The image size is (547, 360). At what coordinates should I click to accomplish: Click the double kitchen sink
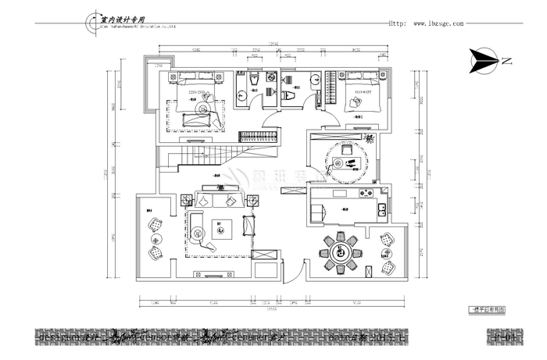pyautogui.click(x=381, y=210)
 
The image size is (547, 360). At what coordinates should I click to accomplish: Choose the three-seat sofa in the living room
pyautogui.click(x=221, y=201)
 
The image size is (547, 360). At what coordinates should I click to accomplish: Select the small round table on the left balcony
pyautogui.click(x=155, y=238)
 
